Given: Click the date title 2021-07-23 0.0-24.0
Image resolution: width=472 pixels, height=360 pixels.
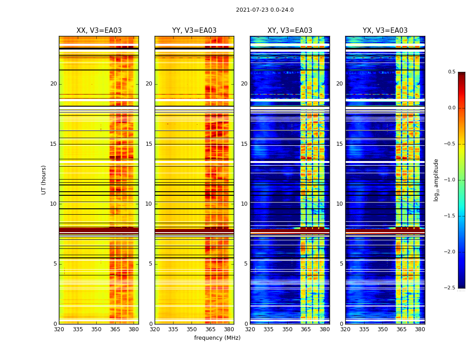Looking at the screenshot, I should pos(265,10).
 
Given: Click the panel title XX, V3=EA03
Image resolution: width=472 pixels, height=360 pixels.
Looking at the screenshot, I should pos(99,31).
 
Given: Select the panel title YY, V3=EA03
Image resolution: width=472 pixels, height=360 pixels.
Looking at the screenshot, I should pos(194,31).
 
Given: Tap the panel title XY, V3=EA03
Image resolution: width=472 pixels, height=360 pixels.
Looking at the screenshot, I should pos(290,31).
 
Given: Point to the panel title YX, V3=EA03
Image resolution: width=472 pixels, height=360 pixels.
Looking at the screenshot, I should pos(385,31).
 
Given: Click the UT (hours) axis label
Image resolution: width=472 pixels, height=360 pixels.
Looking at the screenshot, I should pos(44,180).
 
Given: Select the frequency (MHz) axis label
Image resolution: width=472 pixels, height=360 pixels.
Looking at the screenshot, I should pos(217,338).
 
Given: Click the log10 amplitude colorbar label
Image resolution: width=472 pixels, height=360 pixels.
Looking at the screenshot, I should pos(436,180).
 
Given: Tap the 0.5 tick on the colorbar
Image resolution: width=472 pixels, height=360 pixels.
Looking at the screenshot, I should pos(451,72).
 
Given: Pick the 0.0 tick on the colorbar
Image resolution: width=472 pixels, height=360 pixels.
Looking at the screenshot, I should pos(451,108).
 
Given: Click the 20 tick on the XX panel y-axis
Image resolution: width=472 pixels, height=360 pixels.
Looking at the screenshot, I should pos(53,84).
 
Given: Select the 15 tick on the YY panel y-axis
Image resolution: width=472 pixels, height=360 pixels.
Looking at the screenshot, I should pos(149,144).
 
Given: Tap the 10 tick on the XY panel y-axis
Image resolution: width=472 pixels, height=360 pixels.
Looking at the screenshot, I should pos(244,204).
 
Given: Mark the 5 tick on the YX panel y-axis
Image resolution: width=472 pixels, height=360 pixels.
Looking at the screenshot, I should pos(342,264).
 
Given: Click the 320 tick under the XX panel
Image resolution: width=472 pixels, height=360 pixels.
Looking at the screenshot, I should pos(59,329).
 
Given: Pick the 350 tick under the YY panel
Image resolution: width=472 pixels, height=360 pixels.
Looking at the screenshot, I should pos(191,329).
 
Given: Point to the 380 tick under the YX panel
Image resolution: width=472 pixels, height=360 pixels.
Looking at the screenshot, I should pos(420,329).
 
